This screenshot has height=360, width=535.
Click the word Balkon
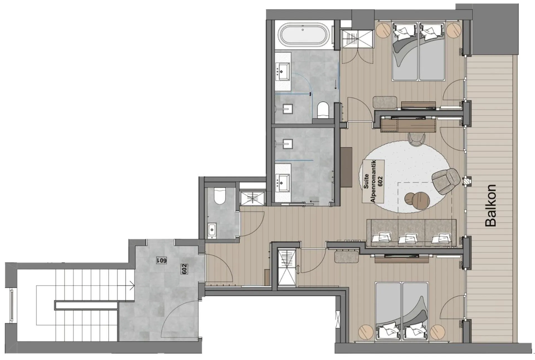pyautogui.click(x=490, y=205)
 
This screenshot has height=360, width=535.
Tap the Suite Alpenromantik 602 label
pyautogui.click(x=373, y=181)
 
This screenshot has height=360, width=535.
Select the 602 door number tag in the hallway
pyautogui.click(x=184, y=269)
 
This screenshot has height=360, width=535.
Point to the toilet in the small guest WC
pyautogui.click(x=220, y=195)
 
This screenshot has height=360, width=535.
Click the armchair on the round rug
pyautogui.click(x=446, y=181)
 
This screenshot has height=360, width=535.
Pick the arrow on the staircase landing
pyautogui.click(x=131, y=286)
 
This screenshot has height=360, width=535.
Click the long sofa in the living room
pyautogui.click(x=411, y=233)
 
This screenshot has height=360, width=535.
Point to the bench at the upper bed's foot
pyautogui.click(x=385, y=102)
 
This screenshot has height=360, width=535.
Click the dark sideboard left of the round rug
pyautogui.click(x=346, y=167)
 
